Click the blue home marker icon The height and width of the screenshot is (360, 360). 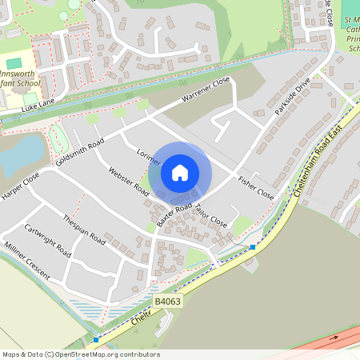180,172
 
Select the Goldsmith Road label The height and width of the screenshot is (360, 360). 80,151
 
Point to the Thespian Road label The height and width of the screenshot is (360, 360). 85,229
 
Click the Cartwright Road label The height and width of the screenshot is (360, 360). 47,240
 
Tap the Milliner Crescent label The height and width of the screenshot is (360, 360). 26,261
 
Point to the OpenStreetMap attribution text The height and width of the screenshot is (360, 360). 80,354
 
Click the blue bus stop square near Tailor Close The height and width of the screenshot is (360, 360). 253,247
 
